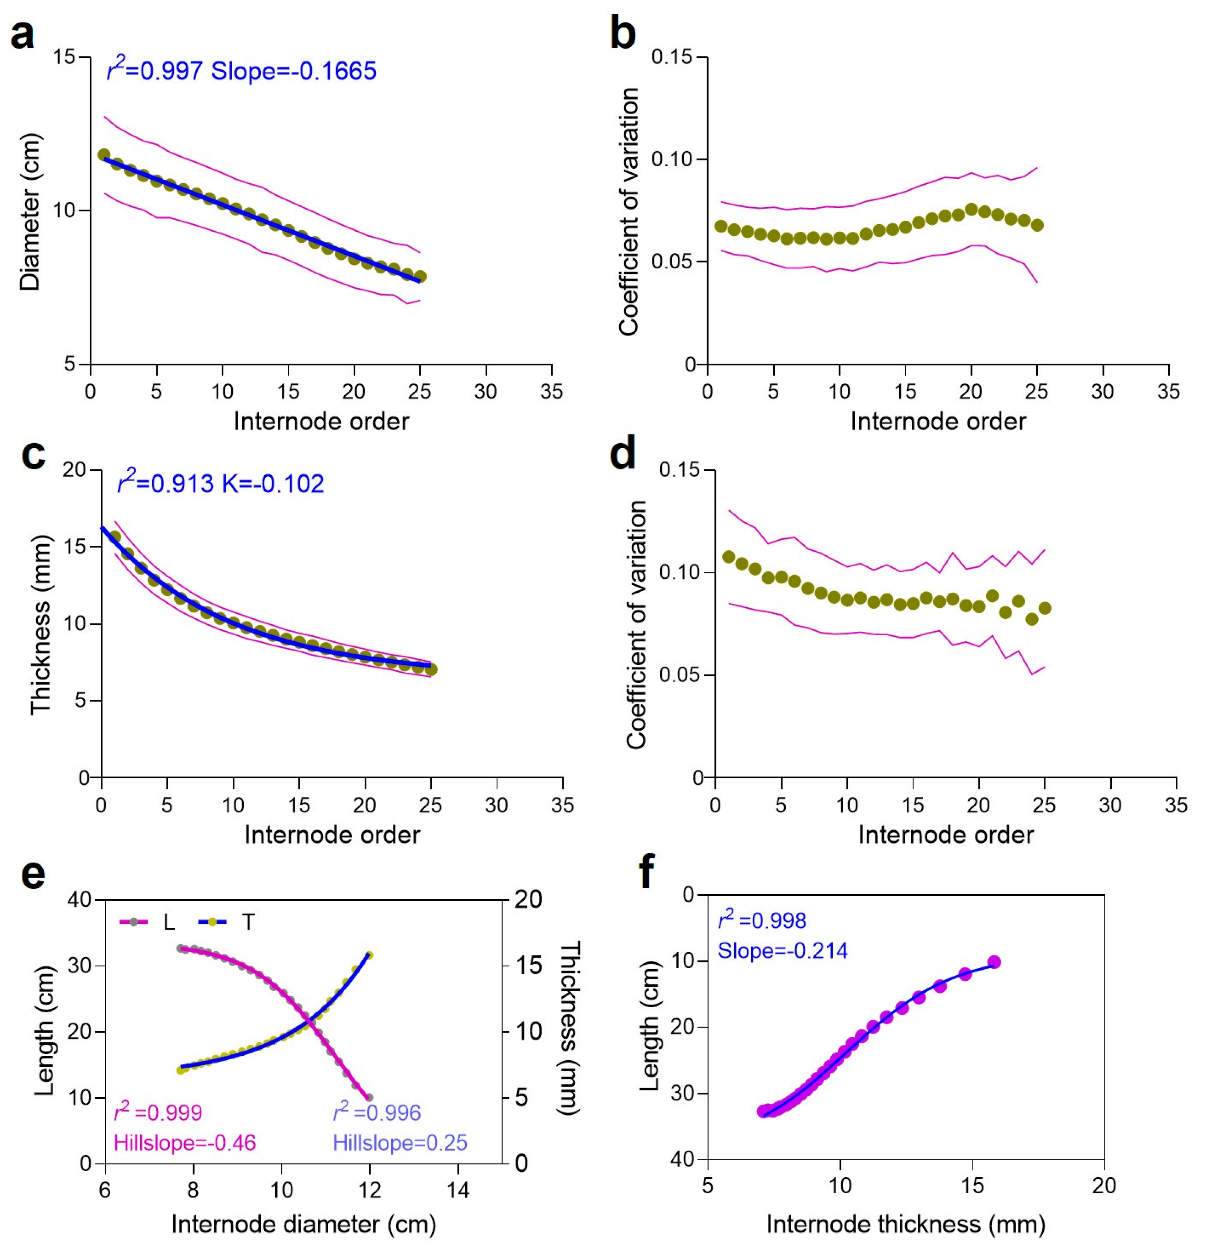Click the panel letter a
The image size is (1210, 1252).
(22, 35)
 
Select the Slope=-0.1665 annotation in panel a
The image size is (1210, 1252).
(294, 71)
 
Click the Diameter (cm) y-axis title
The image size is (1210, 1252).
(30, 212)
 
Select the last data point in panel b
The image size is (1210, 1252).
(1037, 225)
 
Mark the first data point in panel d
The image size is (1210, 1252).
(729, 556)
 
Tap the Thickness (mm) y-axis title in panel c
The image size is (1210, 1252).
(40, 625)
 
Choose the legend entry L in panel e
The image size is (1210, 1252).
(169, 923)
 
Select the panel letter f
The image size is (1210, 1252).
(647, 872)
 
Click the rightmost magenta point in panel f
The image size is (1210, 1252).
(993, 962)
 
